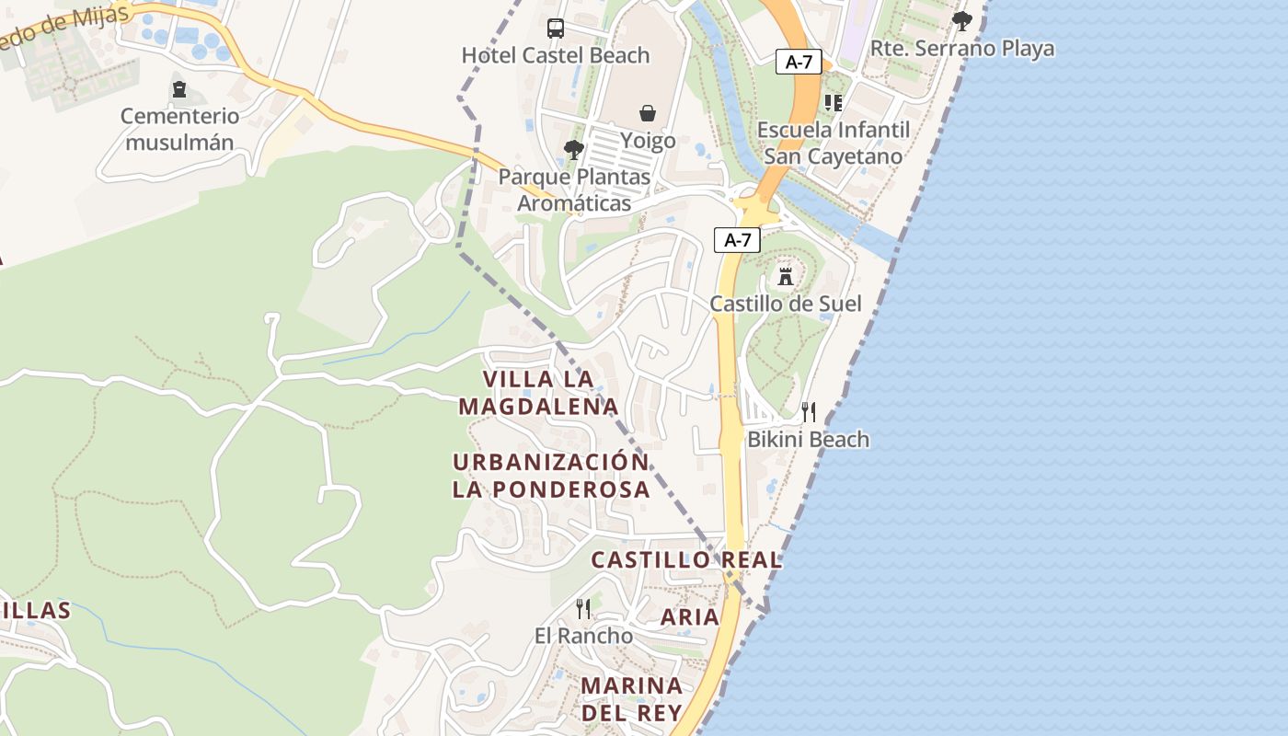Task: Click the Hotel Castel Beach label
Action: [556, 55]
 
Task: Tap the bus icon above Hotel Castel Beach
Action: [556, 29]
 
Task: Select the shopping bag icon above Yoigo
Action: [648, 113]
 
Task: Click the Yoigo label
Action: [648, 141]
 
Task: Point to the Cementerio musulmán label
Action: [179, 129]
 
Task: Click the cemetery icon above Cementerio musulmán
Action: [179, 89]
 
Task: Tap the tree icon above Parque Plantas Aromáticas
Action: [574, 149]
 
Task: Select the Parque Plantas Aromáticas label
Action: [574, 190]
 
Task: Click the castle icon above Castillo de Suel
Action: [786, 276]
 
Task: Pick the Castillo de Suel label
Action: [786, 304]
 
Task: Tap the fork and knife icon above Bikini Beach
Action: [809, 411]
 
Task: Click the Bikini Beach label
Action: [808, 440]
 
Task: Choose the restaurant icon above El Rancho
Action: [583, 608]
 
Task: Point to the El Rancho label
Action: [583, 636]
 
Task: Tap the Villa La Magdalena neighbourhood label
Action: [538, 393]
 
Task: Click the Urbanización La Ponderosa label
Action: [551, 476]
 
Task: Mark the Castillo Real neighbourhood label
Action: [686, 559]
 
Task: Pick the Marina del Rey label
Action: [632, 699]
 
